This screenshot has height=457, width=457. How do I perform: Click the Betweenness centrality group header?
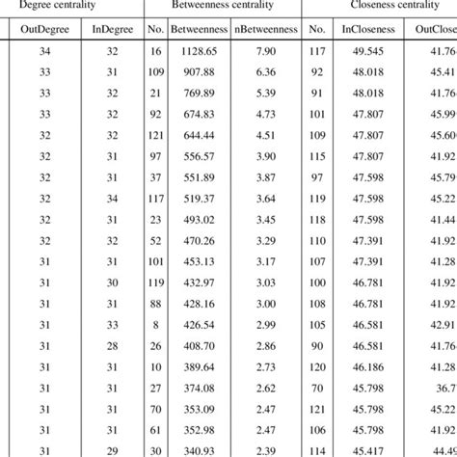[222, 5]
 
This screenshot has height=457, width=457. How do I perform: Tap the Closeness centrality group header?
[387, 5]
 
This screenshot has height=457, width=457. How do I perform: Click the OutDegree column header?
[44, 30]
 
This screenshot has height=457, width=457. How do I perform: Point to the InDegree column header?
[111, 30]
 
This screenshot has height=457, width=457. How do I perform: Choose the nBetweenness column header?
[267, 30]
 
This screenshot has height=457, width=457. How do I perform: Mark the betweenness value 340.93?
[200, 450]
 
